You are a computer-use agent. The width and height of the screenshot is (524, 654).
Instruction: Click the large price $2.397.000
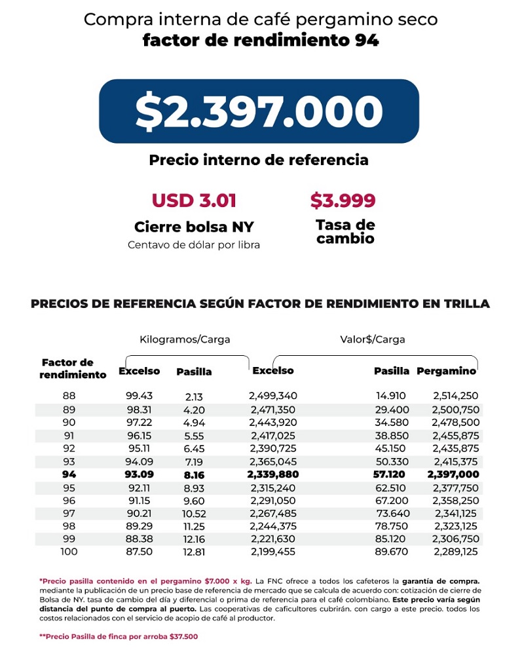coord(259,111)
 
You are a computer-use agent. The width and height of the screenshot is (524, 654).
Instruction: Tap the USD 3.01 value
coord(194,200)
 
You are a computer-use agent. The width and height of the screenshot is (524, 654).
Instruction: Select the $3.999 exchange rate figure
coord(343,200)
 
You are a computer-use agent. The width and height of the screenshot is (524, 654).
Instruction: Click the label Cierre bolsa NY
coord(194,227)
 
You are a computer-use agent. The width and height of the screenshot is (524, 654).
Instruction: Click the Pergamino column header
coord(446,371)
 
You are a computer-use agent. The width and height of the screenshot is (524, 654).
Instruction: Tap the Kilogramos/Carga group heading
coord(185,339)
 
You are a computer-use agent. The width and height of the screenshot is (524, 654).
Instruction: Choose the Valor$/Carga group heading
coord(372,339)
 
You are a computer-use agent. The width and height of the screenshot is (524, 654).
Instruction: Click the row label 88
coord(69,396)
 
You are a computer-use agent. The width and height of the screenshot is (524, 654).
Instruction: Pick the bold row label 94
coord(69,474)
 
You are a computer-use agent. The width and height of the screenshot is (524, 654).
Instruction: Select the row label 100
coord(69,552)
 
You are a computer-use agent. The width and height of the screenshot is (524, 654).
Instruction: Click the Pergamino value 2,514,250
coord(456,396)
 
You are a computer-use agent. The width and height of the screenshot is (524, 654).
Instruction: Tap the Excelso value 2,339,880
coord(272,474)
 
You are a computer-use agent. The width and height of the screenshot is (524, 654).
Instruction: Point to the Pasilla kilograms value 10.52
coord(194,513)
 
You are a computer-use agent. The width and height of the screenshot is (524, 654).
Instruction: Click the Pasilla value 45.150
coord(390,448)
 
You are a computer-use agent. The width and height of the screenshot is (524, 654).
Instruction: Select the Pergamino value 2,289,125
coord(456,552)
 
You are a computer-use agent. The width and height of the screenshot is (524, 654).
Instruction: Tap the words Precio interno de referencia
coord(259,160)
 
